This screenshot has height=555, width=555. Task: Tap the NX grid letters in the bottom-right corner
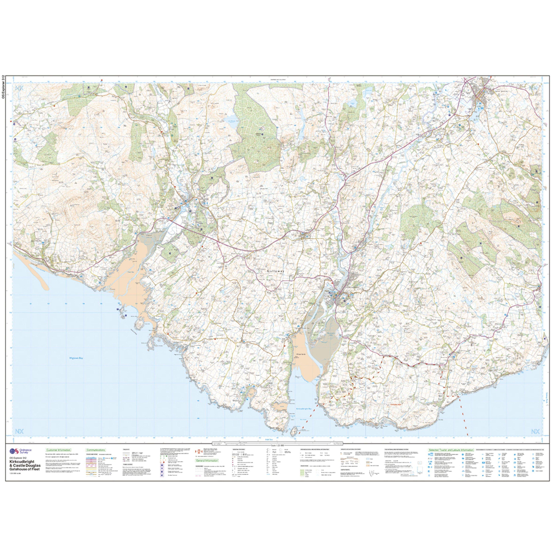click(x=535, y=432)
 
